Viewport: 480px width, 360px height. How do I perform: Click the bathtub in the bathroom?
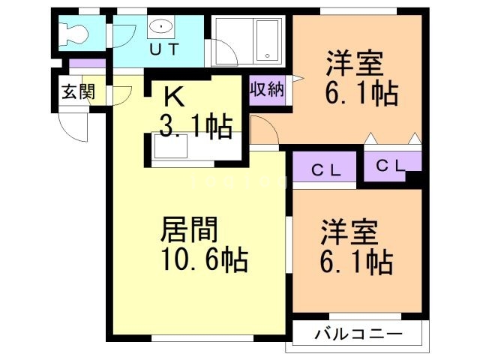[x=265, y=41]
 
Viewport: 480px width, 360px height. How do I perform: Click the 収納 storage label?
[x=266, y=90]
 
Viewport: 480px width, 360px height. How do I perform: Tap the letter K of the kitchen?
[x=173, y=97]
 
